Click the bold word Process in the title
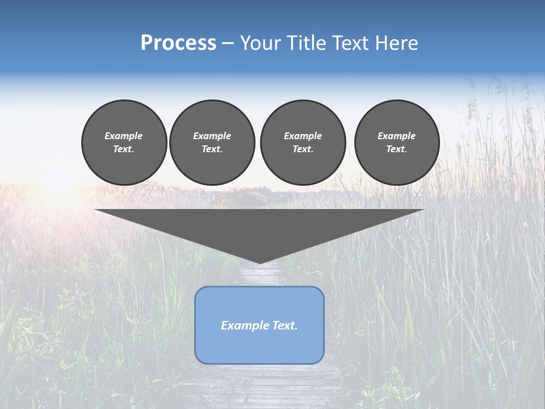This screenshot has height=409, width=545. point(178,43)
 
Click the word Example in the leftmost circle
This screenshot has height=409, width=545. point(124,136)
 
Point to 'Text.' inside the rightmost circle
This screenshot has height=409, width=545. point(397,149)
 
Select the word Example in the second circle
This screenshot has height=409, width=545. point(212,136)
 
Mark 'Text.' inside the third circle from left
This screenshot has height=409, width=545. point(303,149)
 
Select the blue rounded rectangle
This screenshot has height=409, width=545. point(259,347)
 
